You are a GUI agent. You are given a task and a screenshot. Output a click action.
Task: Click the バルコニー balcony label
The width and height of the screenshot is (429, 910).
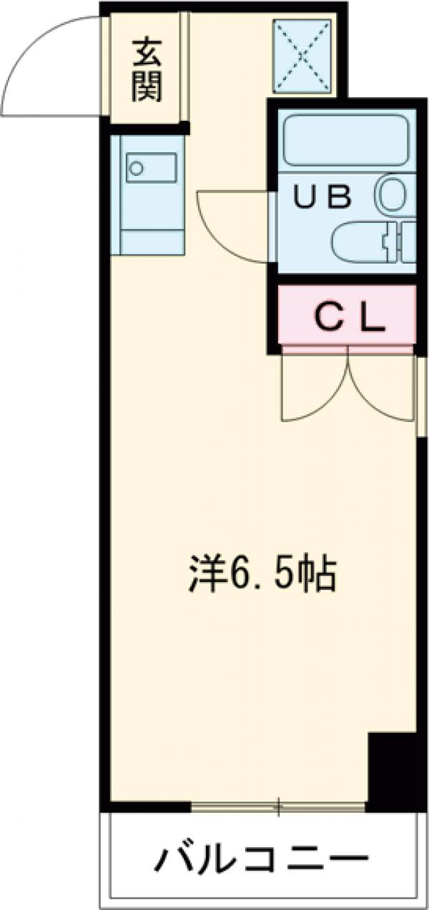[x=262, y=857]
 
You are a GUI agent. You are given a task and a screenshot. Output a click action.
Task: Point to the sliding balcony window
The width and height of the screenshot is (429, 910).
[x=279, y=807]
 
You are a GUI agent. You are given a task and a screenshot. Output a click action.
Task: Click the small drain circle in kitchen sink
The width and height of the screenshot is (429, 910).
[x=134, y=169]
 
